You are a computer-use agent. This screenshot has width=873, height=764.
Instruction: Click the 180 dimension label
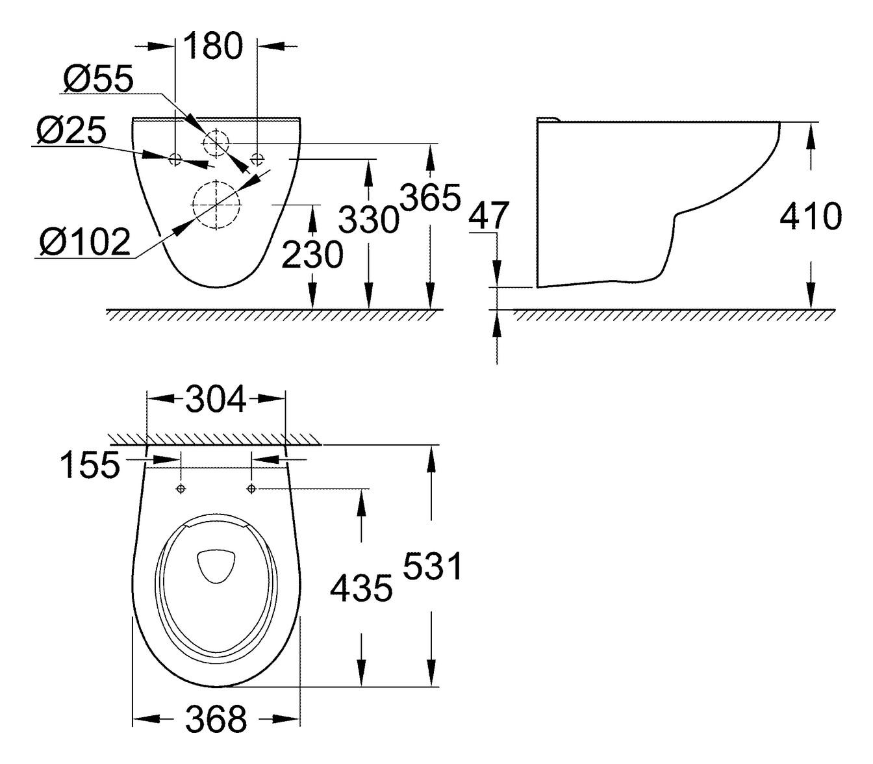click(213, 46)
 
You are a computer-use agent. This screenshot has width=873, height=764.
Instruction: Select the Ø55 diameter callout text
click(98, 79)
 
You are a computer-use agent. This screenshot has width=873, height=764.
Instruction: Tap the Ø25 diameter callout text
click(71, 132)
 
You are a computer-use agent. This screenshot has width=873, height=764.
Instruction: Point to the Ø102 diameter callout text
click(84, 243)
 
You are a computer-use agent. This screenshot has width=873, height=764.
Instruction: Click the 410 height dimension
click(810, 216)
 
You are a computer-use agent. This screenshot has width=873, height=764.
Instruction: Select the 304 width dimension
click(216, 399)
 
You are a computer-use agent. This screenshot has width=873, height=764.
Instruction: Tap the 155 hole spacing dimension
click(90, 465)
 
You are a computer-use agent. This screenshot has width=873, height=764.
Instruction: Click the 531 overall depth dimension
click(432, 566)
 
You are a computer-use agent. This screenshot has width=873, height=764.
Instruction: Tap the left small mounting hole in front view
click(175, 158)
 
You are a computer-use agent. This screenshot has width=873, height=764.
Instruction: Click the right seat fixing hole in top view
click(252, 489)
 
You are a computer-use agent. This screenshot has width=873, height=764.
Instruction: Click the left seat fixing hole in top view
click(181, 489)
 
